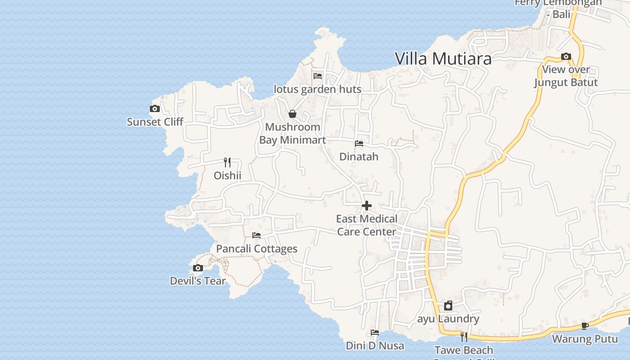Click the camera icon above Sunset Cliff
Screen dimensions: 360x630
(155, 108)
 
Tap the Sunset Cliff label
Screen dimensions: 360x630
(155, 122)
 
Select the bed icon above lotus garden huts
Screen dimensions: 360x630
(318, 76)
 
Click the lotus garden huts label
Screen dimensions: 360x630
(317, 89)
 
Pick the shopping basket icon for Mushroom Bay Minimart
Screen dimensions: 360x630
(292, 114)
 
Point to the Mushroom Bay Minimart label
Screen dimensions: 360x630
(292, 134)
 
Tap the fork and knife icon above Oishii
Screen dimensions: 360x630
(227, 162)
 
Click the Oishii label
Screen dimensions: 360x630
(227, 175)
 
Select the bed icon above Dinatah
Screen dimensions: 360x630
(359, 144)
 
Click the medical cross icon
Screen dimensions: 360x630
(367, 206)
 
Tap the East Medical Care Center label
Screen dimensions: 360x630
(367, 225)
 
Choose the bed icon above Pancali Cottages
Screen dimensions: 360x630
(256, 235)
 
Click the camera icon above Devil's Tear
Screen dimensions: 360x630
(198, 268)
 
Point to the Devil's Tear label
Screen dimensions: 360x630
(198, 281)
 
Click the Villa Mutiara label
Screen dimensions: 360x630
(443, 59)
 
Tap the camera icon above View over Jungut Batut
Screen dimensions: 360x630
(566, 56)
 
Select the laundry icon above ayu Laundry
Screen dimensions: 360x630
(448, 306)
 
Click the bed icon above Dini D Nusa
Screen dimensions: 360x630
(375, 333)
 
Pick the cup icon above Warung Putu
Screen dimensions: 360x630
(585, 326)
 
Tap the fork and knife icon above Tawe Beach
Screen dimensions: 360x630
(464, 337)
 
